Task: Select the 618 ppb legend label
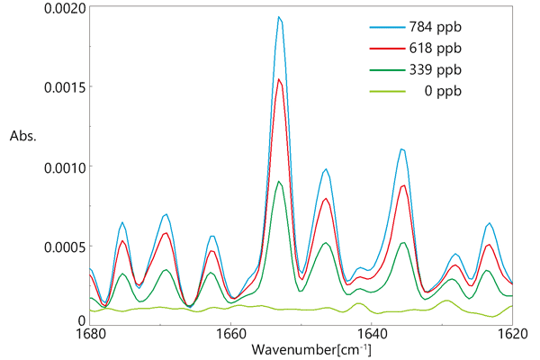pos(436,49)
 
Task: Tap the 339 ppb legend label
pos(436,69)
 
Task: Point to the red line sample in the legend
pos(385,49)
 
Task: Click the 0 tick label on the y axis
pos(82,320)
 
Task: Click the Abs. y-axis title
pos(23,137)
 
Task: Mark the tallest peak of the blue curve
pos(279,16)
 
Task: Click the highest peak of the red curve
pos(280,79)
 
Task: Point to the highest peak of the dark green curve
pos(280,182)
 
